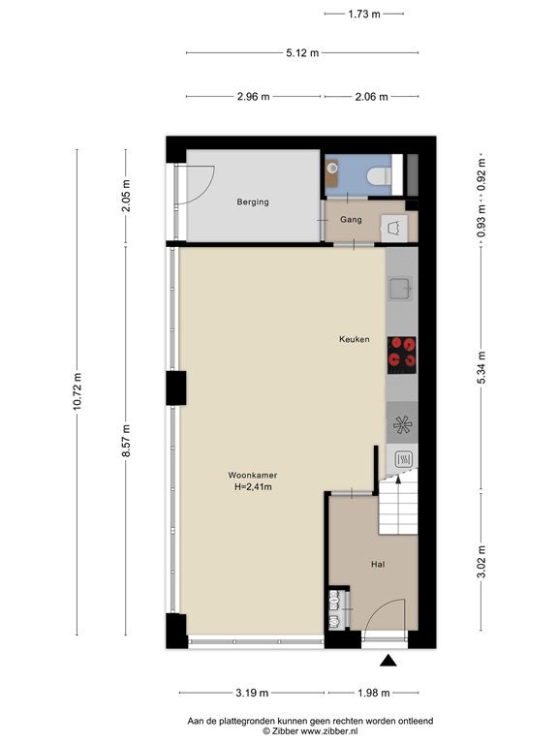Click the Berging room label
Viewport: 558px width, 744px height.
253,202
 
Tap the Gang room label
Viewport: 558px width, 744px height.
351,220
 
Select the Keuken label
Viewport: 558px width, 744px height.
354,339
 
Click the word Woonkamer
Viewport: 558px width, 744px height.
253,475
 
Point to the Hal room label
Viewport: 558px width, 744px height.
378,564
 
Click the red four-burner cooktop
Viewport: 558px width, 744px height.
402,355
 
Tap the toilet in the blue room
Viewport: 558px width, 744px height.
380,175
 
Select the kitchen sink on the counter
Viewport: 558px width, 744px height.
400,289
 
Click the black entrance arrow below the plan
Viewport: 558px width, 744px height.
388,660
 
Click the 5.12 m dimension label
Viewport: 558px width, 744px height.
302,52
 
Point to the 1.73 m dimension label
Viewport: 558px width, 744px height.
364,14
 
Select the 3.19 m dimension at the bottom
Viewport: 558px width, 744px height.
252,693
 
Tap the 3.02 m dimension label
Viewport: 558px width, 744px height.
481,562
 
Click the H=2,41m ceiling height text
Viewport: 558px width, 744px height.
253,487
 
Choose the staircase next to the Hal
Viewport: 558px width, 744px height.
398,506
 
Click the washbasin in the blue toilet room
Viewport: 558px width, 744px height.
332,169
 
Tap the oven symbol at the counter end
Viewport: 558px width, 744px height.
402,459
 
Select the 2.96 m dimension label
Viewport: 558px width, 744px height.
254,97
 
